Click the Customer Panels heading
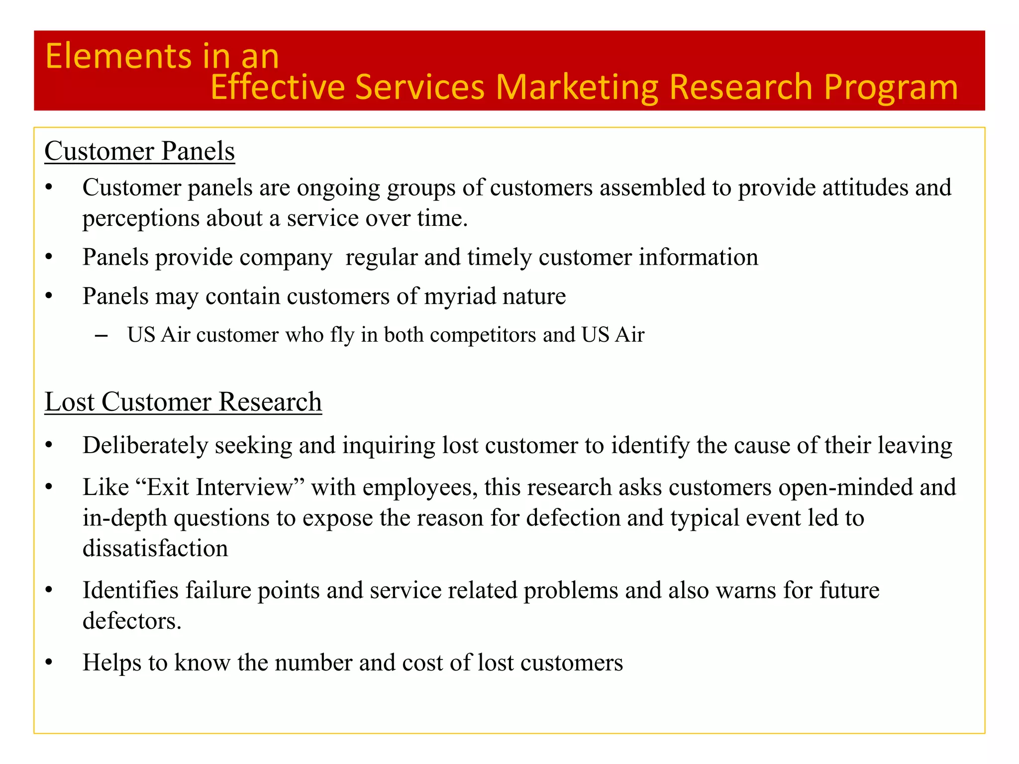click(139, 151)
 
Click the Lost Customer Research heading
click(183, 402)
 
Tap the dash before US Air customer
click(101, 336)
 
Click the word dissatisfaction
click(155, 548)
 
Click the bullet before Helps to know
click(48, 663)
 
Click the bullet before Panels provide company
click(48, 258)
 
